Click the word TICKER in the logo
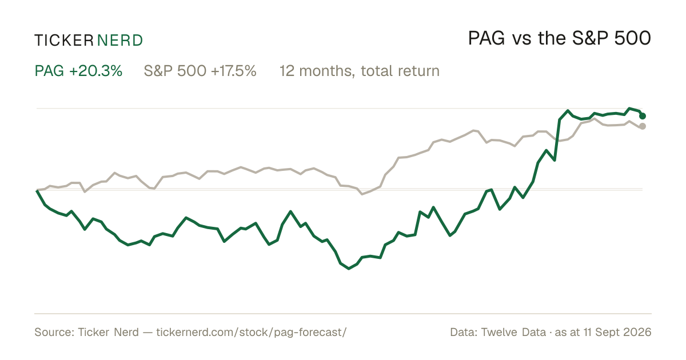click(64, 41)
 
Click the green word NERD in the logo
click(119, 41)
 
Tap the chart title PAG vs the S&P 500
click(560, 38)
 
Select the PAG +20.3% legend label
click(78, 71)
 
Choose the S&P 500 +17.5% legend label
click(200, 71)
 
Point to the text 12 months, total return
click(360, 71)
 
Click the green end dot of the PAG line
click(643, 116)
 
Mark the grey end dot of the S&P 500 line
click(643, 126)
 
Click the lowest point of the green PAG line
click(349, 269)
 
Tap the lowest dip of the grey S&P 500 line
click(362, 194)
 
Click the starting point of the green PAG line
click(37, 191)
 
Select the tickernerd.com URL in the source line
click(252, 332)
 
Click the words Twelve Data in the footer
click(513, 332)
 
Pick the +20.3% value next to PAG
click(96, 71)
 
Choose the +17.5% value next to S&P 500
click(234, 71)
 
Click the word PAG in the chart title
click(486, 38)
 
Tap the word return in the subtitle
click(418, 71)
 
